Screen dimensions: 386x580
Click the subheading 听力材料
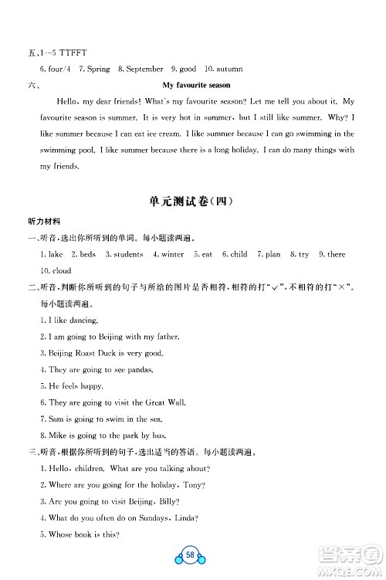tap(43, 222)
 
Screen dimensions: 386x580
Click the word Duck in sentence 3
tap(113, 353)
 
